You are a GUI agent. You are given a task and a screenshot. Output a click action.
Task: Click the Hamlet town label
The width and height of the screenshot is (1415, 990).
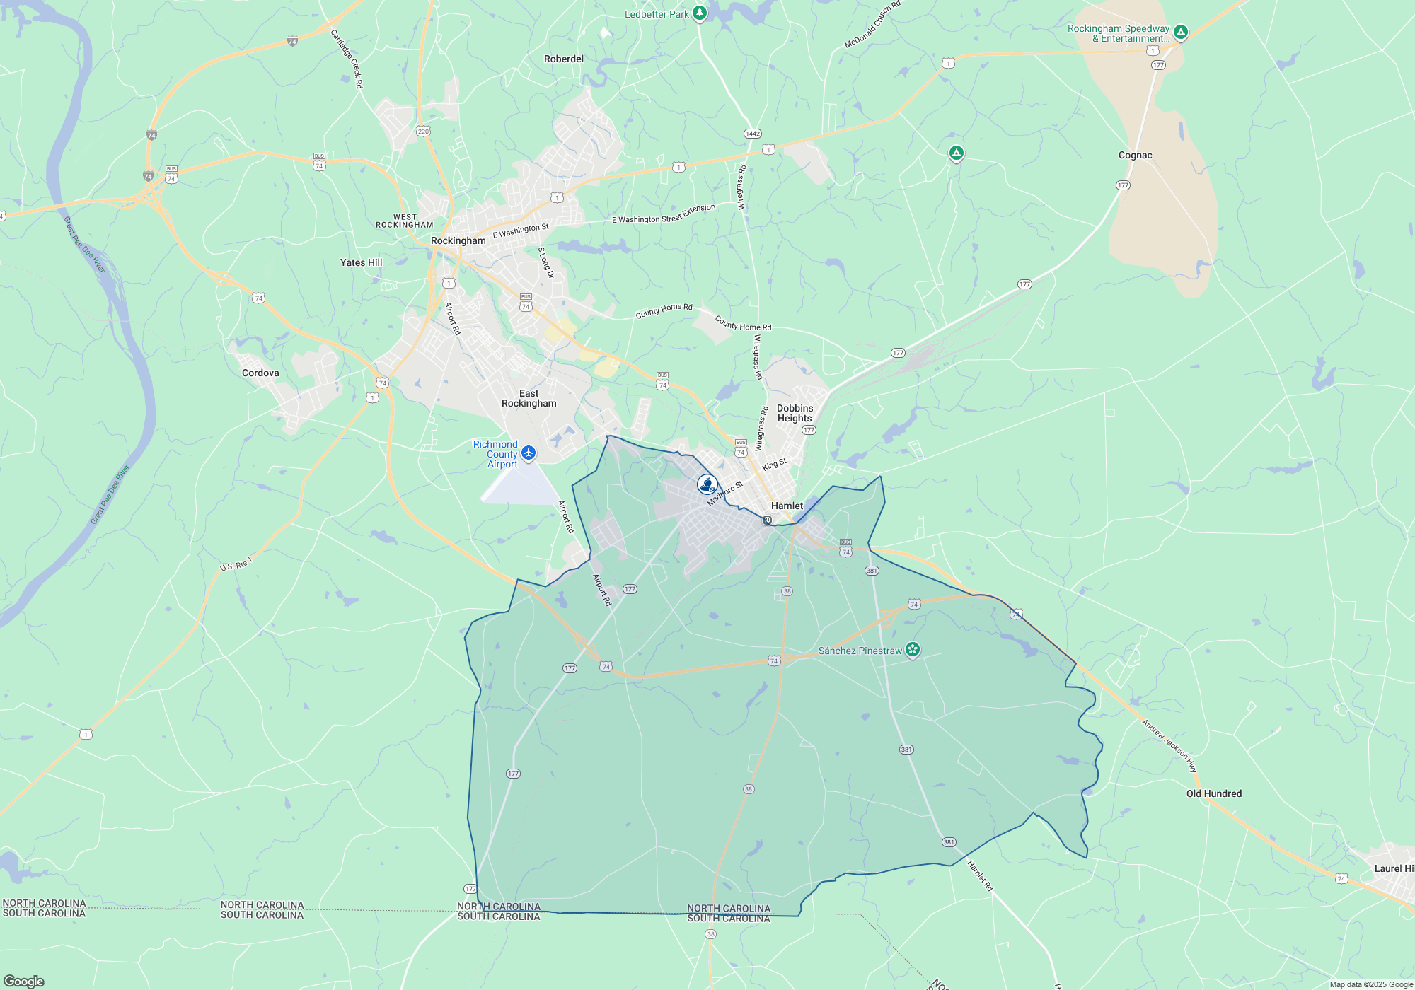(787, 506)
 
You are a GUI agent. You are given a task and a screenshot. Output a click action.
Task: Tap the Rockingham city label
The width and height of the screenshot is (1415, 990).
(458, 240)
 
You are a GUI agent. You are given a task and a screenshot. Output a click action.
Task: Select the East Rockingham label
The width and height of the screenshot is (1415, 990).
(529, 398)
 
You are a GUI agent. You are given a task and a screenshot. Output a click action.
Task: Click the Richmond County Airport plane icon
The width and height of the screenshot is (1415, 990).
(529, 453)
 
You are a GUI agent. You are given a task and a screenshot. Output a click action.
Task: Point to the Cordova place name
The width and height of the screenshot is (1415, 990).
(260, 373)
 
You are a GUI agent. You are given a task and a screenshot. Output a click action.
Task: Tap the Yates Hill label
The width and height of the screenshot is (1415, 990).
(361, 262)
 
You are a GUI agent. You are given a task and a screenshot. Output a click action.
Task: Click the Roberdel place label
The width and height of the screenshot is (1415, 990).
(564, 59)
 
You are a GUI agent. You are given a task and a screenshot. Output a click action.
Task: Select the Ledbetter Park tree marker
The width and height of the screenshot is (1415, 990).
(699, 13)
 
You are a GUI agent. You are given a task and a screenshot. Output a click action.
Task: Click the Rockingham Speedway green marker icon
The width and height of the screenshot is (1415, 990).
(1180, 32)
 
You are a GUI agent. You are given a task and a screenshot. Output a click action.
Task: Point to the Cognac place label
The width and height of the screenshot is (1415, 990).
(1135, 155)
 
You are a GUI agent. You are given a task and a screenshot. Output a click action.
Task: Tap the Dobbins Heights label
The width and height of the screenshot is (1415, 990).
(795, 413)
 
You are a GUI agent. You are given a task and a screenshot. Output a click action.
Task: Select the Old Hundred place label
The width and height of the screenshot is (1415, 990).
(1213, 793)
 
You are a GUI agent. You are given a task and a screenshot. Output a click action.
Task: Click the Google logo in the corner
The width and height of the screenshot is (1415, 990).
(24, 981)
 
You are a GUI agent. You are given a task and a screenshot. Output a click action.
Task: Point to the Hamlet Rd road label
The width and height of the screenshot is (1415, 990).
(980, 875)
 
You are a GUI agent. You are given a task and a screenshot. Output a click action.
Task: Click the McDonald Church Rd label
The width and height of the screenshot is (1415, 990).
(872, 25)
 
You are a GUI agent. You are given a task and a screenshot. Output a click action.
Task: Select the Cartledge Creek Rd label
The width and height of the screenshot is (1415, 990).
(347, 58)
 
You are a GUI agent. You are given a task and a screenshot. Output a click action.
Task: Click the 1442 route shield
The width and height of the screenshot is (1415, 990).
(752, 134)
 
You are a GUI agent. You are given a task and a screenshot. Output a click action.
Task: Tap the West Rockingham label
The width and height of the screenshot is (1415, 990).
(405, 221)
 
